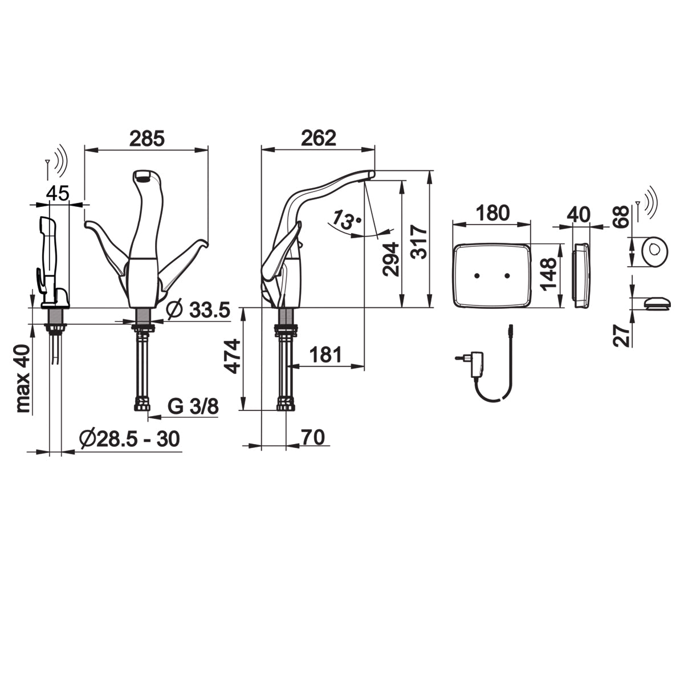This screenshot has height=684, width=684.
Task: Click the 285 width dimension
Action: (146, 139)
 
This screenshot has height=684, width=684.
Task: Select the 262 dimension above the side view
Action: (319, 138)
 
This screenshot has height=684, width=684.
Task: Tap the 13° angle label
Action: (347, 219)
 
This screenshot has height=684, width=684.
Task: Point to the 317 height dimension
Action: (420, 242)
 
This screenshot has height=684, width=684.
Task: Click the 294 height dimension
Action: (391, 259)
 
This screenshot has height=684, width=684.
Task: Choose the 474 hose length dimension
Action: (233, 356)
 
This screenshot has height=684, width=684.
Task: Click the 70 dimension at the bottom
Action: (313, 437)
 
